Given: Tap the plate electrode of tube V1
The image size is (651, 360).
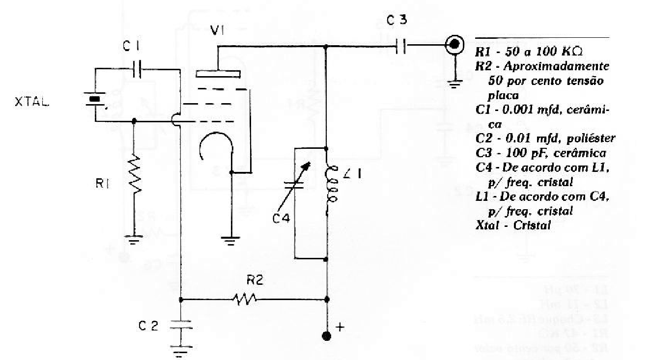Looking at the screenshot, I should pos(218,74).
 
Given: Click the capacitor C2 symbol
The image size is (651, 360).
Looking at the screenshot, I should pos(181,327).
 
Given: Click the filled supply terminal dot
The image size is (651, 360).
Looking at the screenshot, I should pos(327,336).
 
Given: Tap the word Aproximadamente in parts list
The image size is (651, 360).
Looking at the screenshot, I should pos(555,65).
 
